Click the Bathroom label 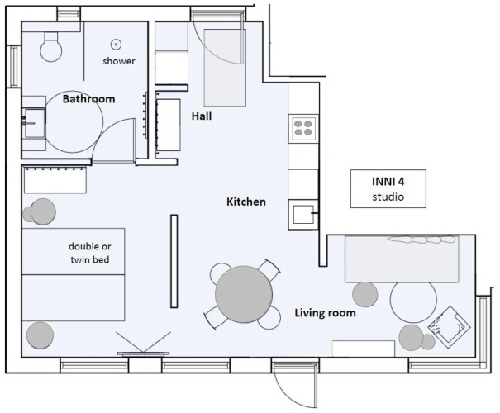tap(88, 99)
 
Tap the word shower tap(119, 61)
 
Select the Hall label tap(202, 116)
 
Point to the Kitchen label tap(245, 202)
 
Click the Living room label tap(325, 313)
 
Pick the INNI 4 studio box tap(388, 188)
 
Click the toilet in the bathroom tap(51, 46)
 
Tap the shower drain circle tap(116, 45)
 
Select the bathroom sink tap(34, 123)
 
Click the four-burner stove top tap(303, 128)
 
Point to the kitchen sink tap(303, 214)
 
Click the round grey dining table tap(244, 294)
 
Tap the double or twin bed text tap(90, 253)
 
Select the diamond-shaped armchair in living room tap(449, 327)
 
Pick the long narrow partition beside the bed tap(174, 261)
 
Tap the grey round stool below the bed tap(40, 335)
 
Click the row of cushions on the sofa tap(421, 240)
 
